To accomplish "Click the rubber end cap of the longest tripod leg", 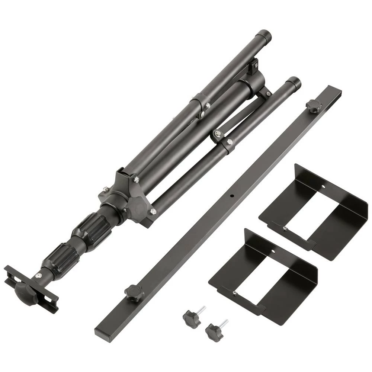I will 265,36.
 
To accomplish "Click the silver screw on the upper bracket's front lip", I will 284,228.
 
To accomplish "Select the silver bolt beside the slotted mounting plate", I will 38,275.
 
